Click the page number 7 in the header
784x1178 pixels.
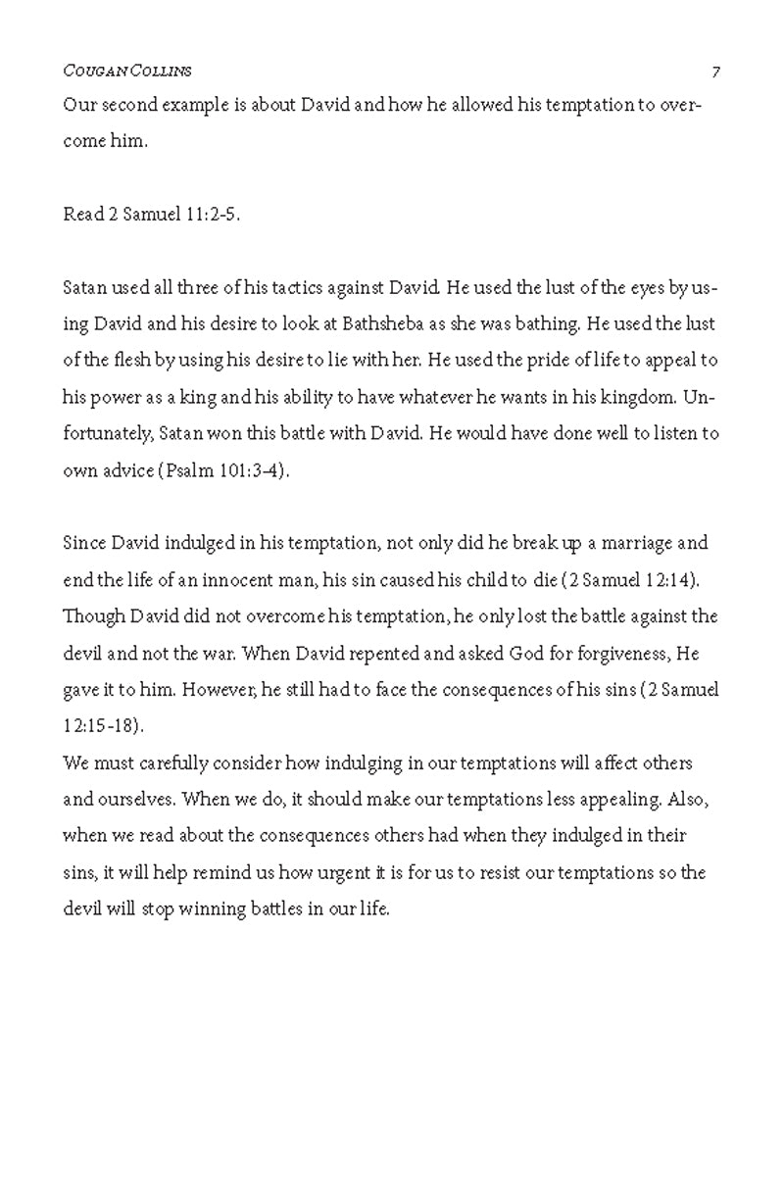click(x=716, y=72)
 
